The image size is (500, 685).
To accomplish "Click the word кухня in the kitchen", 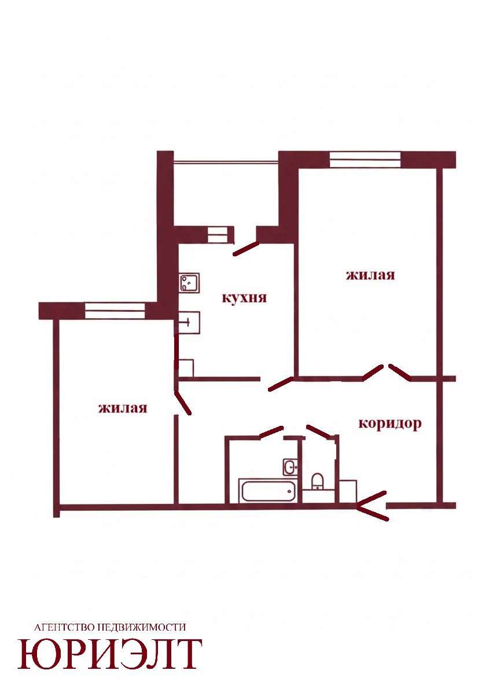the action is (244, 299).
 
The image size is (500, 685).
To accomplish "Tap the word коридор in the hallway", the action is (390, 423).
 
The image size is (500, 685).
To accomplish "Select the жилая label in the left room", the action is (122, 408).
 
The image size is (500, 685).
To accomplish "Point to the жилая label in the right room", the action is (370, 275).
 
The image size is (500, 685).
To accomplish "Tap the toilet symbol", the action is (318, 482).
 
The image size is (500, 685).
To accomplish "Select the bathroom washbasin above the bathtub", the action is (290, 467).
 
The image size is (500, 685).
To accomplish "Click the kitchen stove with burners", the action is (189, 283).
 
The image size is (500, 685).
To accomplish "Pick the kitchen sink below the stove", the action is (189, 322).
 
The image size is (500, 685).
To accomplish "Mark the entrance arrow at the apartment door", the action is (372, 506).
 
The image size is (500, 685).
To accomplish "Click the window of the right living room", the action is (365, 160).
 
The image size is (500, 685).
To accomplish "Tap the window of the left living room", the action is (115, 310).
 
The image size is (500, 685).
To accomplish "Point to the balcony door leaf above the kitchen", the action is (245, 249).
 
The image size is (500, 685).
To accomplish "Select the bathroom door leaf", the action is (271, 432).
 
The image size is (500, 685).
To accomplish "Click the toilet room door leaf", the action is (319, 431).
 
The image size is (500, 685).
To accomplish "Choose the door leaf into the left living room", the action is (182, 402).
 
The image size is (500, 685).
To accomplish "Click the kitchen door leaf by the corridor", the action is (281, 384).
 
